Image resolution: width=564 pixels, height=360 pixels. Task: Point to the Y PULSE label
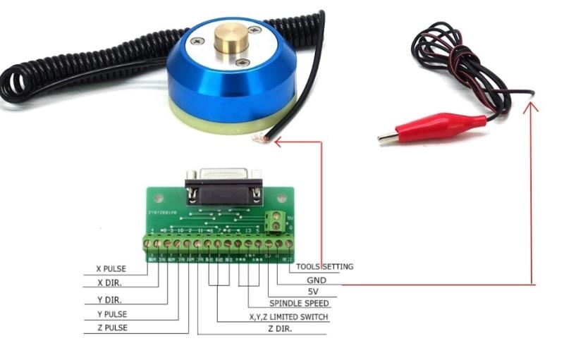(x=111, y=314)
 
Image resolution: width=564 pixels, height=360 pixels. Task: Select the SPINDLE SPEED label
(x=298, y=304)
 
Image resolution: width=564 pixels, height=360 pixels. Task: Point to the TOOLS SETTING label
(x=324, y=267)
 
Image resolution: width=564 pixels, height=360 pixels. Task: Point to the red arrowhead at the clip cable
(x=532, y=108)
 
